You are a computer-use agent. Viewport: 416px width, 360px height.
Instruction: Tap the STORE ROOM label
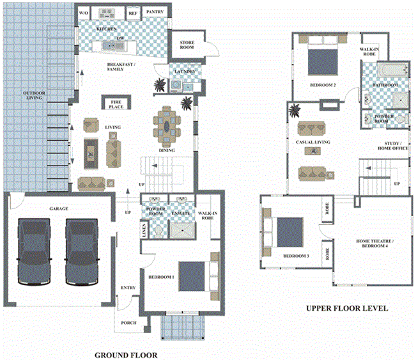pos(187,43)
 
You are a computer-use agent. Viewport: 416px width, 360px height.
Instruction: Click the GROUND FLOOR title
pos(125,354)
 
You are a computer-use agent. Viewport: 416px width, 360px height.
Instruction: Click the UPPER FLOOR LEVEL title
pos(346,308)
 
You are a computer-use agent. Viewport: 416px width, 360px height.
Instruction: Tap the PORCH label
pos(128,323)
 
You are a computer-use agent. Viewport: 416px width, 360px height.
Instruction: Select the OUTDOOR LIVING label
pos(35,97)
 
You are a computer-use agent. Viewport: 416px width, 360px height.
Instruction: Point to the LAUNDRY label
pos(185,72)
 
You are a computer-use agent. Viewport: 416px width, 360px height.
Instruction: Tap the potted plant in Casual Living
pos(296,109)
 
